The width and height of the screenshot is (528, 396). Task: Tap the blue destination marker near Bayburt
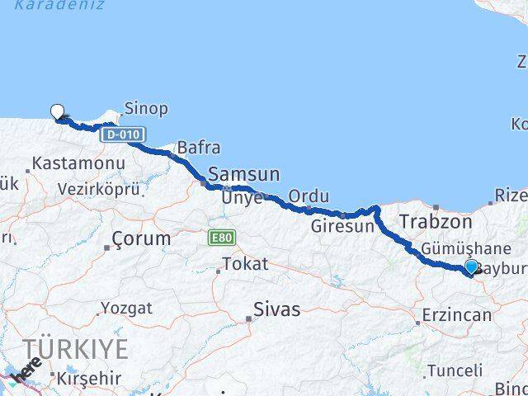[471, 266]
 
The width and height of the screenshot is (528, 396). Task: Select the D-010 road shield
[124, 134]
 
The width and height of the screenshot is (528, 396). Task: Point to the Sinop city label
[147, 108]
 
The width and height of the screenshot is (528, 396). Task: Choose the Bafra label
[199, 148]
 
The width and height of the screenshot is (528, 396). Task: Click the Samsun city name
[244, 174]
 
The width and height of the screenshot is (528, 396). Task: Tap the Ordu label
[309, 196]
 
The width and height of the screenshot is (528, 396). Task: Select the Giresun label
[342, 225]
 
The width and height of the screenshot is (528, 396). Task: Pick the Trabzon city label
[436, 222]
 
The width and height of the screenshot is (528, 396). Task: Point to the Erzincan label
[457, 315]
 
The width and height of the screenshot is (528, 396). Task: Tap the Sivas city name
[276, 310]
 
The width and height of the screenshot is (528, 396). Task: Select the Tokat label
[245, 265]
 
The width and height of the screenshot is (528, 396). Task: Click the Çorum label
[142, 239]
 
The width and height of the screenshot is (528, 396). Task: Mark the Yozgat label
[126, 309]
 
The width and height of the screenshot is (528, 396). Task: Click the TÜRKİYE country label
[76, 349]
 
